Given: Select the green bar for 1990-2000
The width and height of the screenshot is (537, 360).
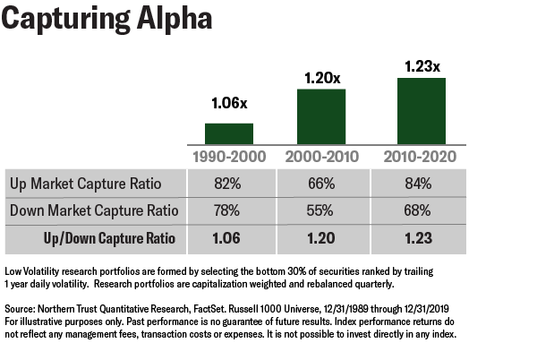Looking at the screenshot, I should coord(229,133).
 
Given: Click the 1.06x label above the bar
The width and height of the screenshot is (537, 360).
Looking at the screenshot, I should coord(229,104).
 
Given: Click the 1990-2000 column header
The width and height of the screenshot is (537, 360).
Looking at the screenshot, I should coord(229,157).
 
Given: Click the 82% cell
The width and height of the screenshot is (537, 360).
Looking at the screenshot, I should coord(229,184).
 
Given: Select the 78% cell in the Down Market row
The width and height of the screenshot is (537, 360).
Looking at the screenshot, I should coord(229,212).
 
